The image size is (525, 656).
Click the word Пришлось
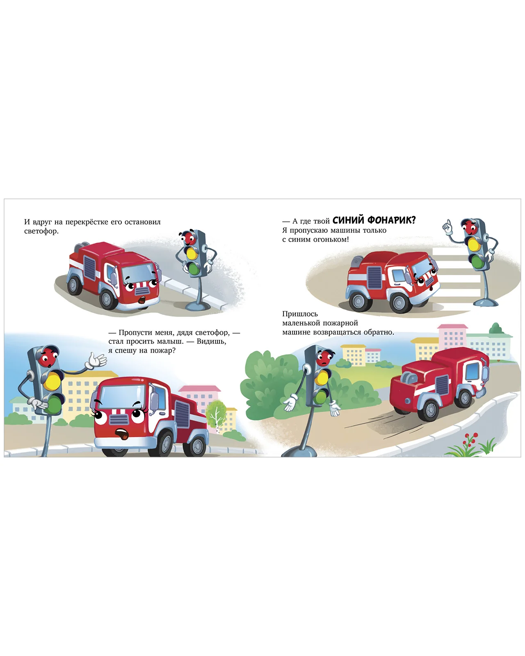click(300, 314)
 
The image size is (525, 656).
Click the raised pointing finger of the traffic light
click(447, 225)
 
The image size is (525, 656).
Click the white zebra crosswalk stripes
click(458, 272)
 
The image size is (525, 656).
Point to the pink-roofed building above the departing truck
click(452, 337)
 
